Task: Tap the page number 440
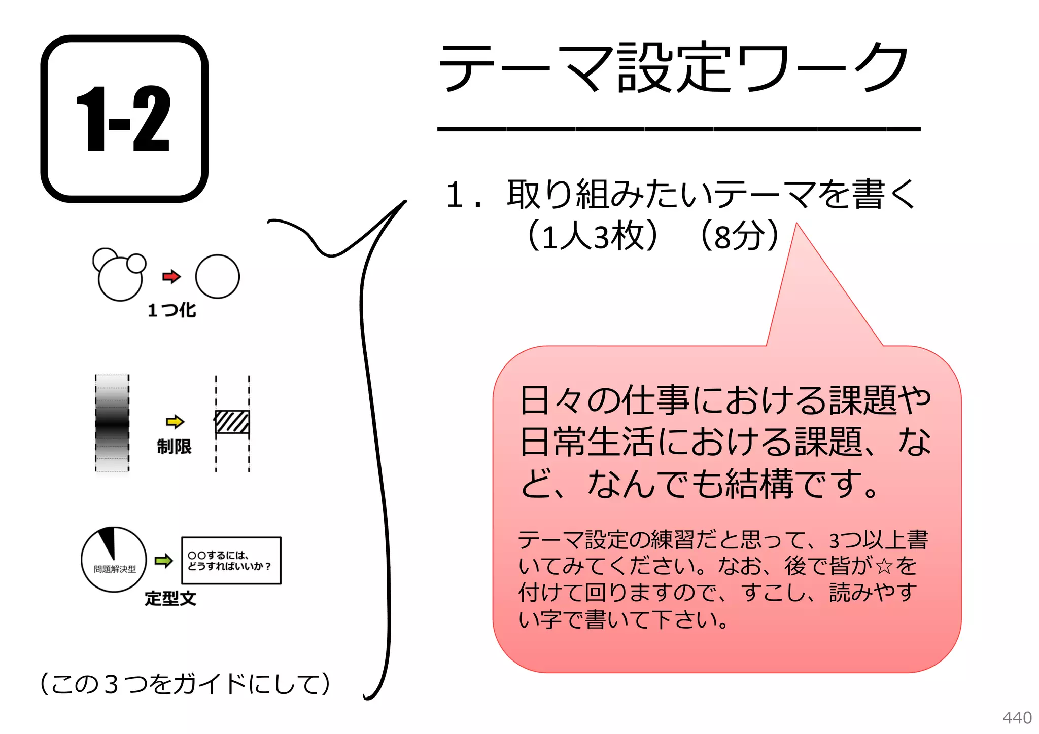click(x=1017, y=718)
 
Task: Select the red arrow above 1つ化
click(x=171, y=276)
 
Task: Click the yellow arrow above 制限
click(x=175, y=421)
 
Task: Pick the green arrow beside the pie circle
click(x=163, y=561)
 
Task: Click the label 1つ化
click(x=171, y=310)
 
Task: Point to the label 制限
click(x=174, y=447)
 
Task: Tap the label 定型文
click(x=170, y=599)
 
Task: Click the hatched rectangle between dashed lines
click(x=232, y=422)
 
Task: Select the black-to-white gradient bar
click(x=112, y=423)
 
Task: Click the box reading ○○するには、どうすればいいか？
click(x=231, y=561)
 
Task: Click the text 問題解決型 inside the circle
click(x=115, y=569)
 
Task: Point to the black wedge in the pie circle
click(x=108, y=541)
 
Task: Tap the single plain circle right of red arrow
click(x=217, y=276)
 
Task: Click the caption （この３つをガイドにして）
click(x=185, y=684)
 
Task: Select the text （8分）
click(x=739, y=236)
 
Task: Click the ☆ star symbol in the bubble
click(x=883, y=566)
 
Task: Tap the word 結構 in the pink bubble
click(x=759, y=484)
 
